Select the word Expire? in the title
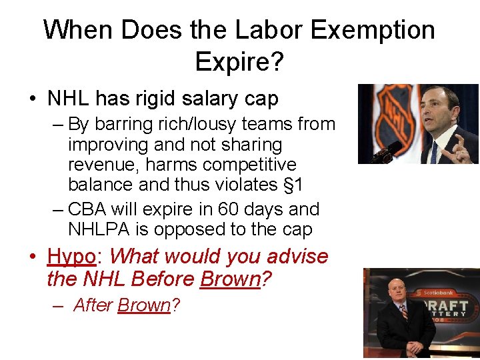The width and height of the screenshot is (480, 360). pyautogui.click(x=239, y=61)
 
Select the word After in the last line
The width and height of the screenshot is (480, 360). pyautogui.click(x=93, y=305)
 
